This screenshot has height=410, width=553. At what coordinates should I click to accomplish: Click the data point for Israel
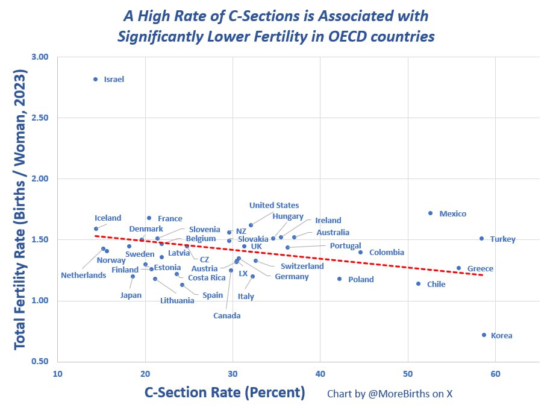point(96,80)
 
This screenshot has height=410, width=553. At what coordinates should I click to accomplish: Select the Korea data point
point(484,335)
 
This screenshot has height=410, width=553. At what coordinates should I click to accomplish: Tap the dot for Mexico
point(430,213)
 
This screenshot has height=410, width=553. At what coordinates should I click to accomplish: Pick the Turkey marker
point(482,238)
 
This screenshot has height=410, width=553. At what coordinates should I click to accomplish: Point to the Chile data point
point(418,283)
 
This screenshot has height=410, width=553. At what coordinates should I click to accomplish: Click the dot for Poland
point(339,279)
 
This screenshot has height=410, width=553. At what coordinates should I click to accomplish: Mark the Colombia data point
point(360,252)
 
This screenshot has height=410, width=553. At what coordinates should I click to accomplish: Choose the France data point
point(149,218)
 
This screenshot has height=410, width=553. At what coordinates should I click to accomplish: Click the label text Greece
point(480,269)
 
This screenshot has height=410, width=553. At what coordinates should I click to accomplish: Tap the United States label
point(274,205)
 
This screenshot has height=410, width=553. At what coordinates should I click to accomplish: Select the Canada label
point(227,316)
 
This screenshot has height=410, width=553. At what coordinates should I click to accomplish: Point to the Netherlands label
point(84,275)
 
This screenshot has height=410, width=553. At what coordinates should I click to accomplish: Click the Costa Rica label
point(207,277)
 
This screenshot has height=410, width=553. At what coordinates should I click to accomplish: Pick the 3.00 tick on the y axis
point(40,57)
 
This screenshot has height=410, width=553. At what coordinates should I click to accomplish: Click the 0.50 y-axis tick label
point(40,361)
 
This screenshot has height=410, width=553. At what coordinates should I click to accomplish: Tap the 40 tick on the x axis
point(320,374)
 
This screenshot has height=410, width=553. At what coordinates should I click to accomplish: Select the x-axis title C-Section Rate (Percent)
point(225,393)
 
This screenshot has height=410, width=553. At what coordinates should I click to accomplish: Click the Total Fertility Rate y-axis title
point(20,209)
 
